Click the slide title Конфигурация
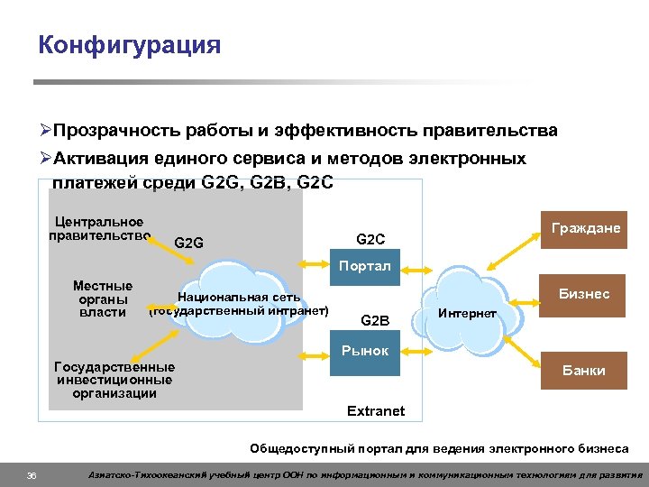pyautogui.click(x=129, y=45)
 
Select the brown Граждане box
pyautogui.click(x=586, y=229)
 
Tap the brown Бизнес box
pyautogui.click(x=583, y=294)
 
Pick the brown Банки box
pyautogui.click(x=583, y=371)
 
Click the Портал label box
pyautogui.click(x=364, y=266)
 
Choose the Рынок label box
pyautogui.click(x=364, y=351)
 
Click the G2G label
pyautogui.click(x=188, y=243)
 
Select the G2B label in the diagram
pyautogui.click(x=374, y=319)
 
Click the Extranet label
pyautogui.click(x=376, y=411)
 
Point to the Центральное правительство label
pyautogui.click(x=98, y=229)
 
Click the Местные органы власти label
pyautogui.click(x=102, y=299)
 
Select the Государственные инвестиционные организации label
pyautogui.click(x=114, y=380)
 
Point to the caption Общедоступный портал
pyautogui.click(x=439, y=447)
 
